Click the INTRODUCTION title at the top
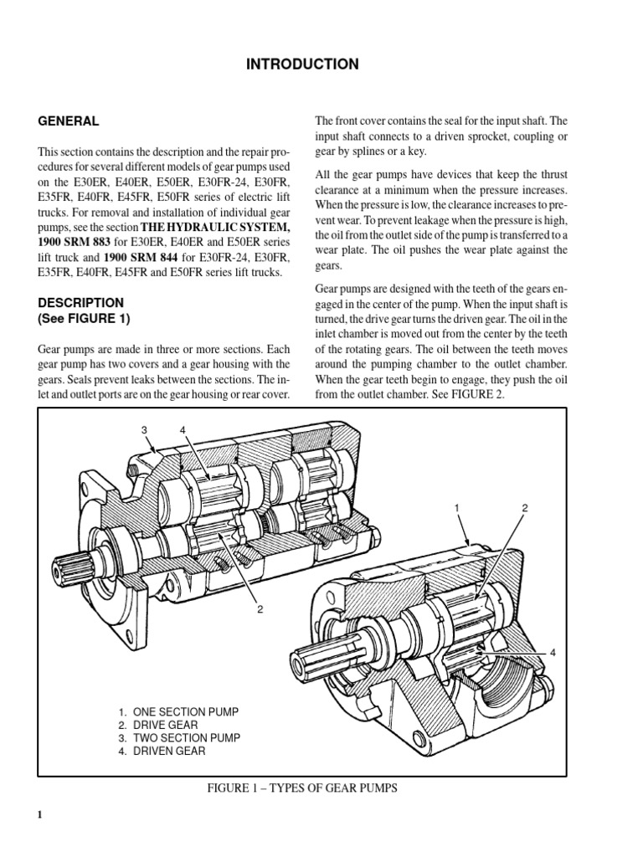click(303, 64)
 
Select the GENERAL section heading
click(69, 121)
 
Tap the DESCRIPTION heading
click(80, 302)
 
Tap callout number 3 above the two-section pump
click(143, 431)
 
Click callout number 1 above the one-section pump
click(457, 508)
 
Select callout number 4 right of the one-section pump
click(553, 652)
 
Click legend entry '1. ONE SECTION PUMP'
click(178, 711)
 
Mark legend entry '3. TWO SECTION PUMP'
click(179, 738)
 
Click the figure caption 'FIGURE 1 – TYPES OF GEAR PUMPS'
click(302, 788)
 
